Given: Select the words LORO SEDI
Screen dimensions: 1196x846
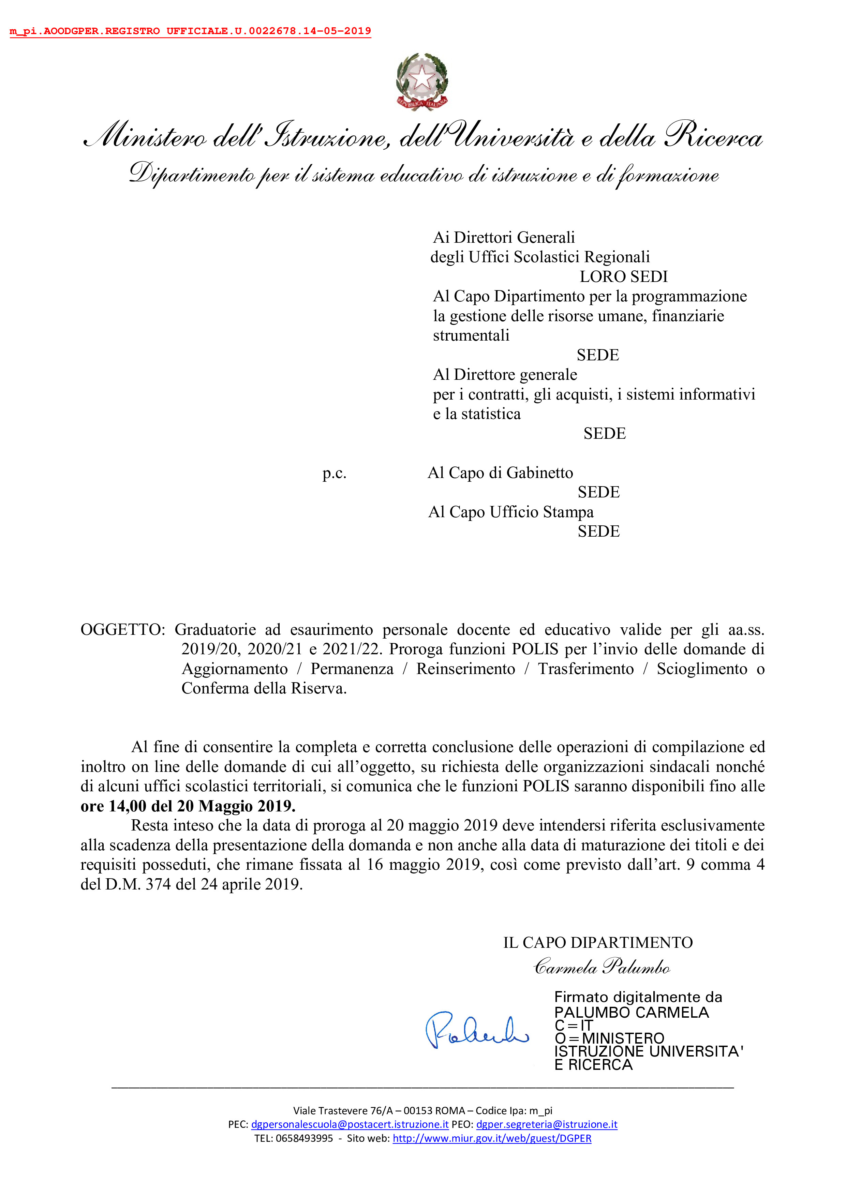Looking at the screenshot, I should pos(624,276).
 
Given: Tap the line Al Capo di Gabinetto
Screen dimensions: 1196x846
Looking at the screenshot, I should pos(500,473).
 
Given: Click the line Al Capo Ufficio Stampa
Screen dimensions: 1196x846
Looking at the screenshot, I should pos(510,512).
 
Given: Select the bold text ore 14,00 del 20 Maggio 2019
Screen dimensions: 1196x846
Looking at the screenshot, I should pos(188,806).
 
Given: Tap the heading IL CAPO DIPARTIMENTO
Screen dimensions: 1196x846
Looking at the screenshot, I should pos(597,942).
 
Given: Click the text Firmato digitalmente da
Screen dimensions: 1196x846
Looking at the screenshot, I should pos(638,997).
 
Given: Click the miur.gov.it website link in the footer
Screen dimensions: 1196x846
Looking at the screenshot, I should pos(492,1138).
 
